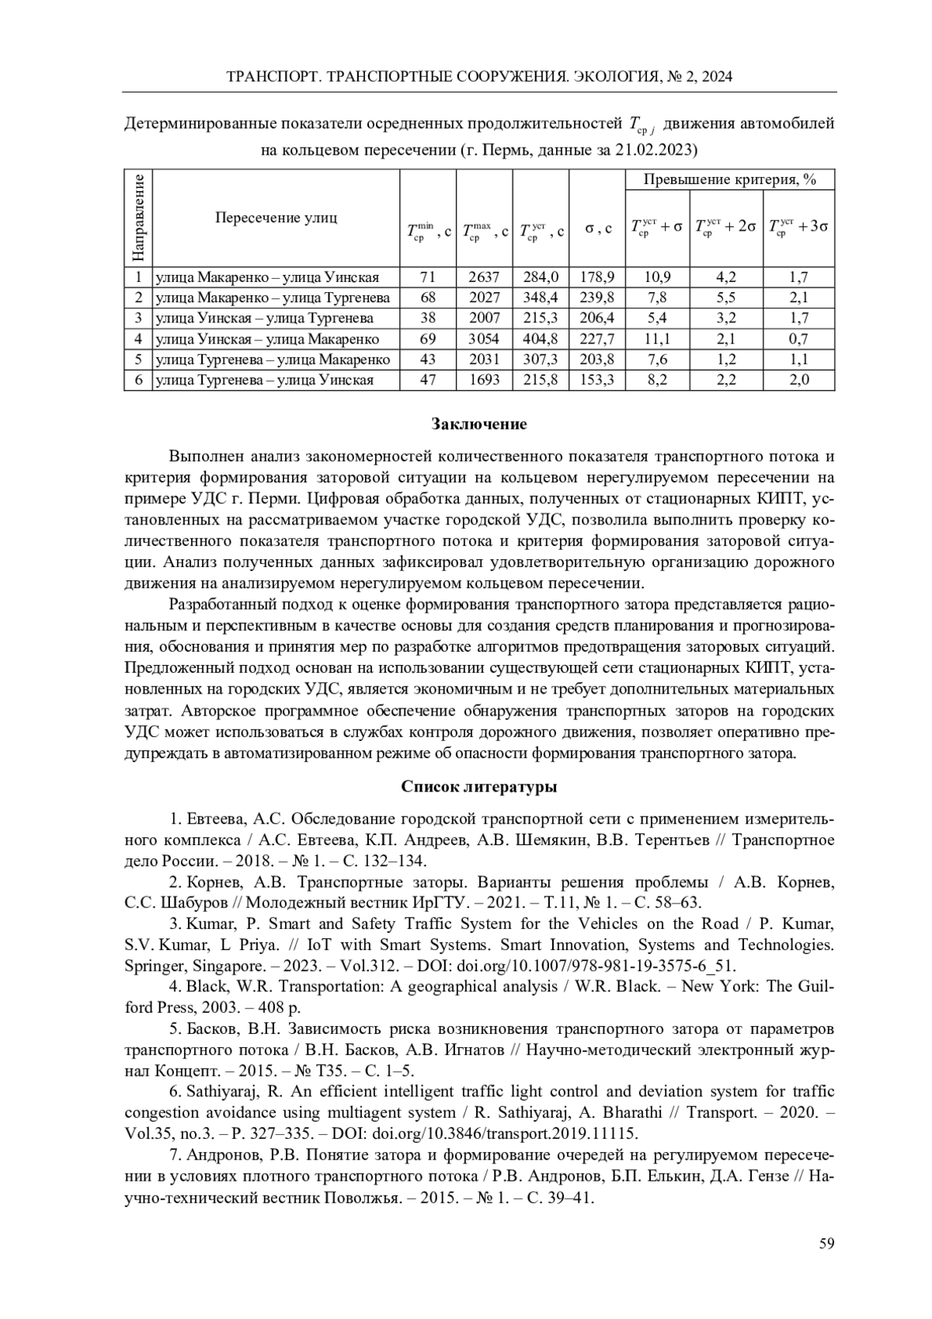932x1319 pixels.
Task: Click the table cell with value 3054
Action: click(484, 339)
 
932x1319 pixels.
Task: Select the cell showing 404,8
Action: click(541, 339)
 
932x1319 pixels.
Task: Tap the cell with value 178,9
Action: click(597, 277)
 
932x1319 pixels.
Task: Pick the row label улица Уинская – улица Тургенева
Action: click(265, 318)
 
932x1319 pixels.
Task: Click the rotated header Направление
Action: click(137, 218)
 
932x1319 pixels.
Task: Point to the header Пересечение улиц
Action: click(276, 218)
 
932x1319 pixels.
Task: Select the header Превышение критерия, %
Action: click(729, 179)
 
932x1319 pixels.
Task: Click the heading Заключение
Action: click(479, 424)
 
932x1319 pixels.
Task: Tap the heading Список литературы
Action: click(479, 787)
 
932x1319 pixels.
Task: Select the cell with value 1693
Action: click(484, 380)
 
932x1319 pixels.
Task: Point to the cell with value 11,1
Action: click(657, 339)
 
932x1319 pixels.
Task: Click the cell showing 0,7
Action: click(798, 339)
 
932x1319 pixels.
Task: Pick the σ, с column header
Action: click(597, 229)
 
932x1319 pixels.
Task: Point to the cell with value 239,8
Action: click(597, 298)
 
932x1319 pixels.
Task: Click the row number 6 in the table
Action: click(137, 380)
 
